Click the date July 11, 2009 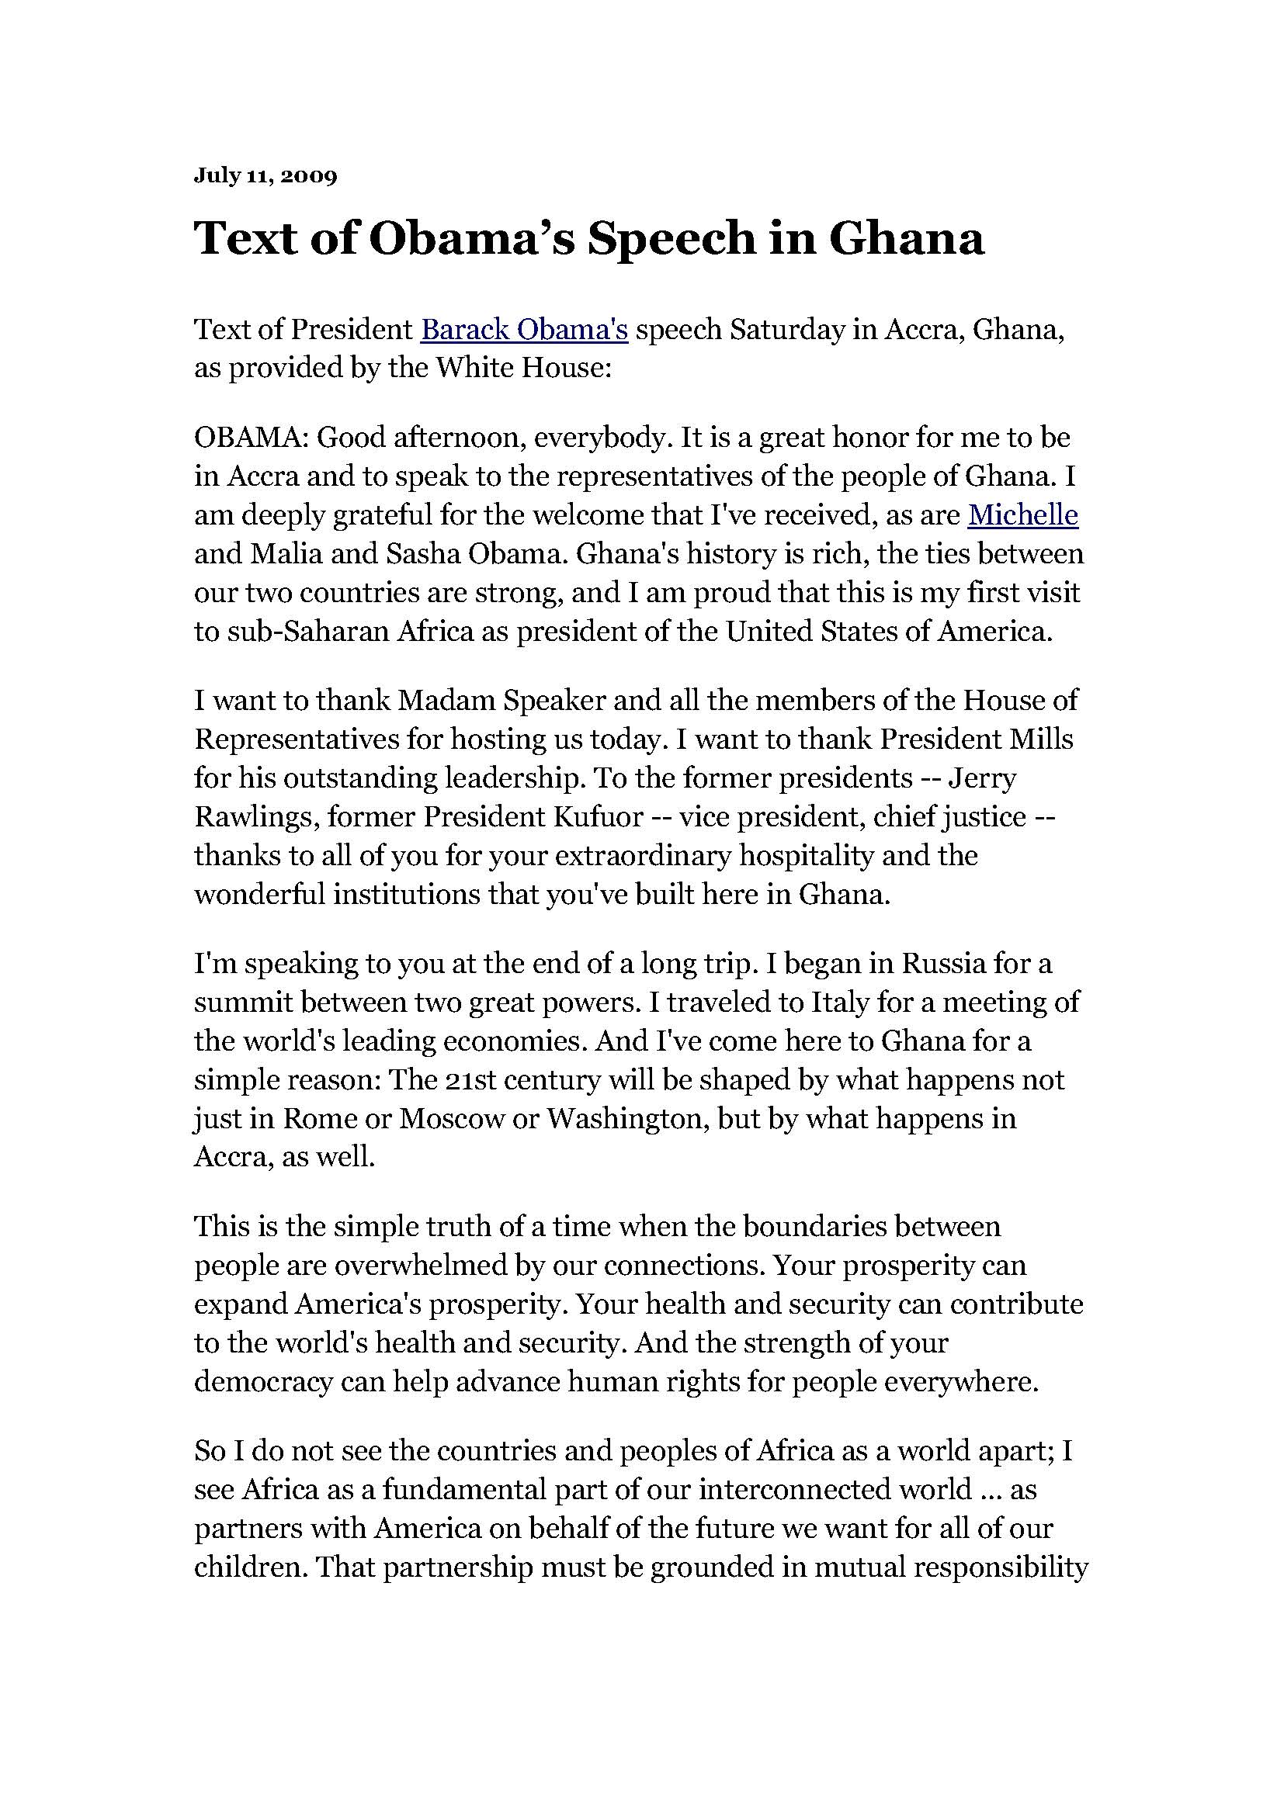click(x=265, y=175)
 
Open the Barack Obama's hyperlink click(x=524, y=330)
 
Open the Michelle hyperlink click(x=1023, y=514)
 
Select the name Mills click(x=1042, y=740)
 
